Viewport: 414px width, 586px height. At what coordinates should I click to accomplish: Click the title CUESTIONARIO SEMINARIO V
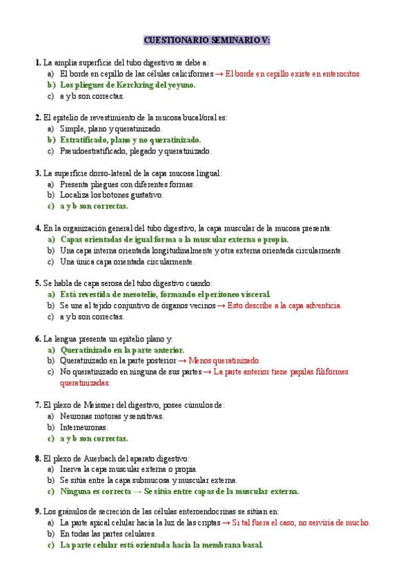point(207,41)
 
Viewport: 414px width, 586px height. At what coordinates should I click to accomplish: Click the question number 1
point(37,62)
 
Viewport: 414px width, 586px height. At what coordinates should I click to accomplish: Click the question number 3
point(37,173)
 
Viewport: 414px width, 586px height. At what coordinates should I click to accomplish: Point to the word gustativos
point(143,195)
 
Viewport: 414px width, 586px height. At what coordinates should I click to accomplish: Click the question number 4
point(37,227)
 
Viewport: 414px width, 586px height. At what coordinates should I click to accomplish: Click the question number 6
point(37,339)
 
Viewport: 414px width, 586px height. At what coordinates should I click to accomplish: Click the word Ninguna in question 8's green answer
point(76,491)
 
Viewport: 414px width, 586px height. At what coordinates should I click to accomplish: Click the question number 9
point(37,512)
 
